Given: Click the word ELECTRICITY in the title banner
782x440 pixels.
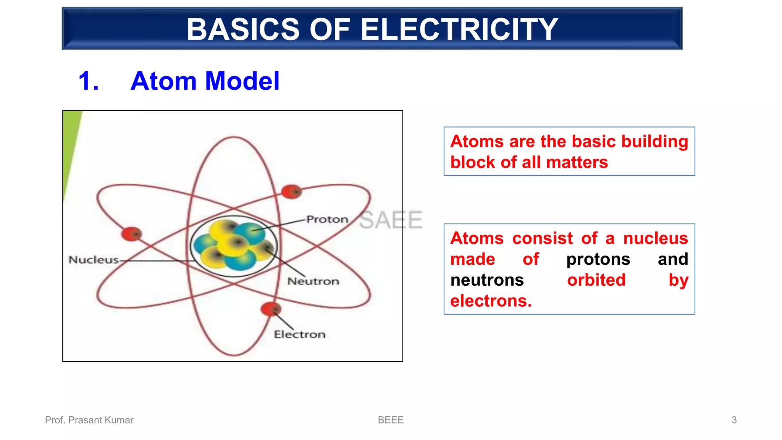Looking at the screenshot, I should [459, 29].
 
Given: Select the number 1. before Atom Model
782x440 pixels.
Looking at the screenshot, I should [89, 81].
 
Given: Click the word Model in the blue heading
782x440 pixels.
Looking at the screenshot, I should [242, 81].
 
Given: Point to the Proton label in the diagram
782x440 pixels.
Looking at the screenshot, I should [327, 219].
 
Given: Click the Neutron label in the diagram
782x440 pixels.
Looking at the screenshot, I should [313, 281].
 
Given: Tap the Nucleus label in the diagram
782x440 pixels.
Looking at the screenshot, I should [94, 260].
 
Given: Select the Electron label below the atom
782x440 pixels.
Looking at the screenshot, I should [300, 335].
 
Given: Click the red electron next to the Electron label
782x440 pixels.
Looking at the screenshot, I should [271, 309].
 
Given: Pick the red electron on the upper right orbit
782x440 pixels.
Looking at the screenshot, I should [291, 191].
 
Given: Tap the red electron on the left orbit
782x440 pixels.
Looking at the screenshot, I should [131, 234].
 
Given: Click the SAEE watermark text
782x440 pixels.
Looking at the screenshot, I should [391, 220].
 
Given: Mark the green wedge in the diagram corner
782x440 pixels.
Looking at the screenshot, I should [71, 145].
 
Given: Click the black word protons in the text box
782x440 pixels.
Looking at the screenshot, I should [598, 259].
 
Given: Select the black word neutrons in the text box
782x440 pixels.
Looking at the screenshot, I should [487, 280].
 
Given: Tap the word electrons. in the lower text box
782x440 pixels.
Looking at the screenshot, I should [491, 301].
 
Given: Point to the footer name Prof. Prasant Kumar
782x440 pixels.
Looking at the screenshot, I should [89, 420].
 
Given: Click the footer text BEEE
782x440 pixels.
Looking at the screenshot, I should [391, 420].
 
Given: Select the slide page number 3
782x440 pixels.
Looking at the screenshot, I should [734, 420].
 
